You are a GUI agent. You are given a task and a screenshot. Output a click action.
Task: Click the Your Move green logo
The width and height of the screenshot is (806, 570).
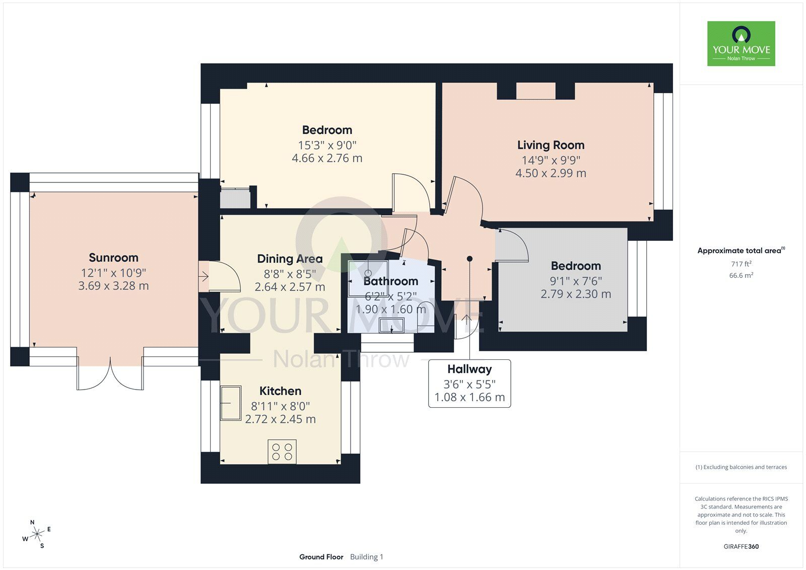click(x=741, y=43)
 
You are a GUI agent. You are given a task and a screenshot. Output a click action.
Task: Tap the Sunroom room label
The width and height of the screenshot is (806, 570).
click(x=113, y=258)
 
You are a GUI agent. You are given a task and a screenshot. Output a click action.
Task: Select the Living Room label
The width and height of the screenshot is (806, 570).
click(x=551, y=145)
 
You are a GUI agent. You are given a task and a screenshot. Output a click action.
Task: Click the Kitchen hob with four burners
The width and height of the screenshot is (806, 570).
click(x=282, y=452)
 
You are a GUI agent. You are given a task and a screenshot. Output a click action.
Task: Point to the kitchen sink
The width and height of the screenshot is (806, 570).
click(x=231, y=403)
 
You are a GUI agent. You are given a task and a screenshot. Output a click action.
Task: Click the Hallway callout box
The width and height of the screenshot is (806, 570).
click(x=469, y=384)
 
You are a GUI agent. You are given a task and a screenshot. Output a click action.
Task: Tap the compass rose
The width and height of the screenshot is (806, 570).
click(x=37, y=534)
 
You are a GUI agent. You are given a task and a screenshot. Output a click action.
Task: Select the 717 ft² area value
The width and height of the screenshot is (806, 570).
click(x=741, y=264)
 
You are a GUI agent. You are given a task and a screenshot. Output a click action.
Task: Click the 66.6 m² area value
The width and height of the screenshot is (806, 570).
click(x=741, y=276)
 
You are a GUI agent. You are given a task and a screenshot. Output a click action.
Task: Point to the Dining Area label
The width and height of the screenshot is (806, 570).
click(x=290, y=259)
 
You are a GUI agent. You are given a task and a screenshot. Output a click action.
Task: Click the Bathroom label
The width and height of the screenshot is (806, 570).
click(x=391, y=281)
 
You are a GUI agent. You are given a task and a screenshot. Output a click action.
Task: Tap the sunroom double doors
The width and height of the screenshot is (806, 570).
click(x=110, y=374)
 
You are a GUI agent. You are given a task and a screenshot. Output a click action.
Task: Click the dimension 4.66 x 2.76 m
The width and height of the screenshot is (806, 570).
click(x=327, y=158)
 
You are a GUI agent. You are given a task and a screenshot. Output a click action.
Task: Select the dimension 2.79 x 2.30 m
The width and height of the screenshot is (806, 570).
click(x=576, y=294)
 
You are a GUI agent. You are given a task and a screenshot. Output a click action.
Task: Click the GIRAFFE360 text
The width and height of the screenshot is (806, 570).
click(x=741, y=547)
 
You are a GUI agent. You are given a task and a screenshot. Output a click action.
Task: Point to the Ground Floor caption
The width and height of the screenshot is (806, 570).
click(x=321, y=557)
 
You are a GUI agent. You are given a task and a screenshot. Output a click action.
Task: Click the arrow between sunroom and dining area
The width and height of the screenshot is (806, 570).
click(x=204, y=277)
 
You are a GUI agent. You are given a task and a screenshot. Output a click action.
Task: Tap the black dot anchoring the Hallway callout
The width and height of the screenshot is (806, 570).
click(x=469, y=259)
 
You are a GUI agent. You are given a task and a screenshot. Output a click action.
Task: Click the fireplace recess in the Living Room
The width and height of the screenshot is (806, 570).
click(x=536, y=91)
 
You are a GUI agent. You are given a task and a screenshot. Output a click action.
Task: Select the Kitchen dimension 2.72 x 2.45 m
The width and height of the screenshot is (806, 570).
click(x=280, y=419)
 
